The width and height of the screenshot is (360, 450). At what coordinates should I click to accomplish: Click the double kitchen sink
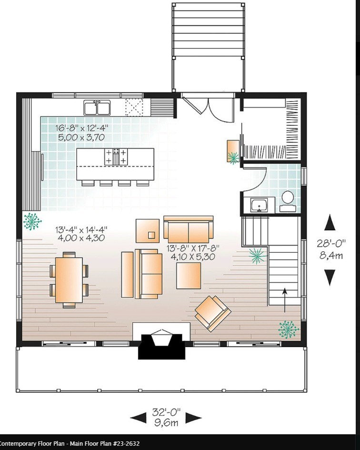tap(97, 108)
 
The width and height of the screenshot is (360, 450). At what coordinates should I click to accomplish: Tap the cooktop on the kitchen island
tap(116, 156)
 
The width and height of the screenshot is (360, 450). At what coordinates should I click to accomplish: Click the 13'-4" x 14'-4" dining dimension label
tap(80, 233)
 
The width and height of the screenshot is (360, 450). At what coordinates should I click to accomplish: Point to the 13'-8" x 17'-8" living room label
tap(191, 252)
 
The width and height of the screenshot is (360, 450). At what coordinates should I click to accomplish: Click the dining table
tap(69, 280)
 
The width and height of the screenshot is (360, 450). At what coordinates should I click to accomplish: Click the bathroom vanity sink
tap(260, 205)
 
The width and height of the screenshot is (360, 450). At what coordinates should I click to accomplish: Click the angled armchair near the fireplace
tap(212, 312)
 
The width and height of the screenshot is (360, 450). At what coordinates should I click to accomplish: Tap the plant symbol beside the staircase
tap(257, 256)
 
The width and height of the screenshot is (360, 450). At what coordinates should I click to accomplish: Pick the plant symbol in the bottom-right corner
tap(287, 329)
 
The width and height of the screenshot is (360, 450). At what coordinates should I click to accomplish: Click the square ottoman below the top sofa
tap(189, 276)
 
